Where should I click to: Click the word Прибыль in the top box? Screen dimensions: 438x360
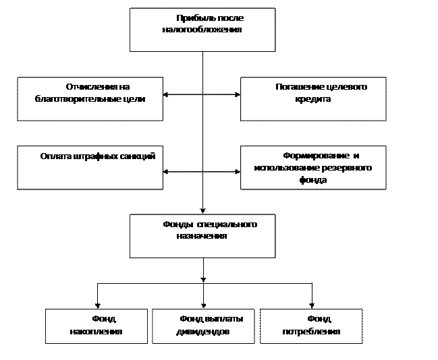192,18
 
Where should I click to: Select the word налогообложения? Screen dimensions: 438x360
202,30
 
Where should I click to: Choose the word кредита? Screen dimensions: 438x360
313,99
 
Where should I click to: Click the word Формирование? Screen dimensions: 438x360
316,156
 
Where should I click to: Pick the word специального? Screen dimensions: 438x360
227,224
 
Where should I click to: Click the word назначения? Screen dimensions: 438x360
202,236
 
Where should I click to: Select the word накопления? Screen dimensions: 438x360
96,332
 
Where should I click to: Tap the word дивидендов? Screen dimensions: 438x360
202,332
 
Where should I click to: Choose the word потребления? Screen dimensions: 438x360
311,332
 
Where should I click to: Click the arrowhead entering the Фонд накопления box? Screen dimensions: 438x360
97,306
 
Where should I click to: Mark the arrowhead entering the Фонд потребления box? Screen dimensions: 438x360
312,306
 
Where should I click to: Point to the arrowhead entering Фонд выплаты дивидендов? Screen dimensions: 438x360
203,306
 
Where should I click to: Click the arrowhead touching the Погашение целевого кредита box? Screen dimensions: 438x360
238,94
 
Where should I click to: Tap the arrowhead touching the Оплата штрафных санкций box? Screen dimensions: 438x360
165,171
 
